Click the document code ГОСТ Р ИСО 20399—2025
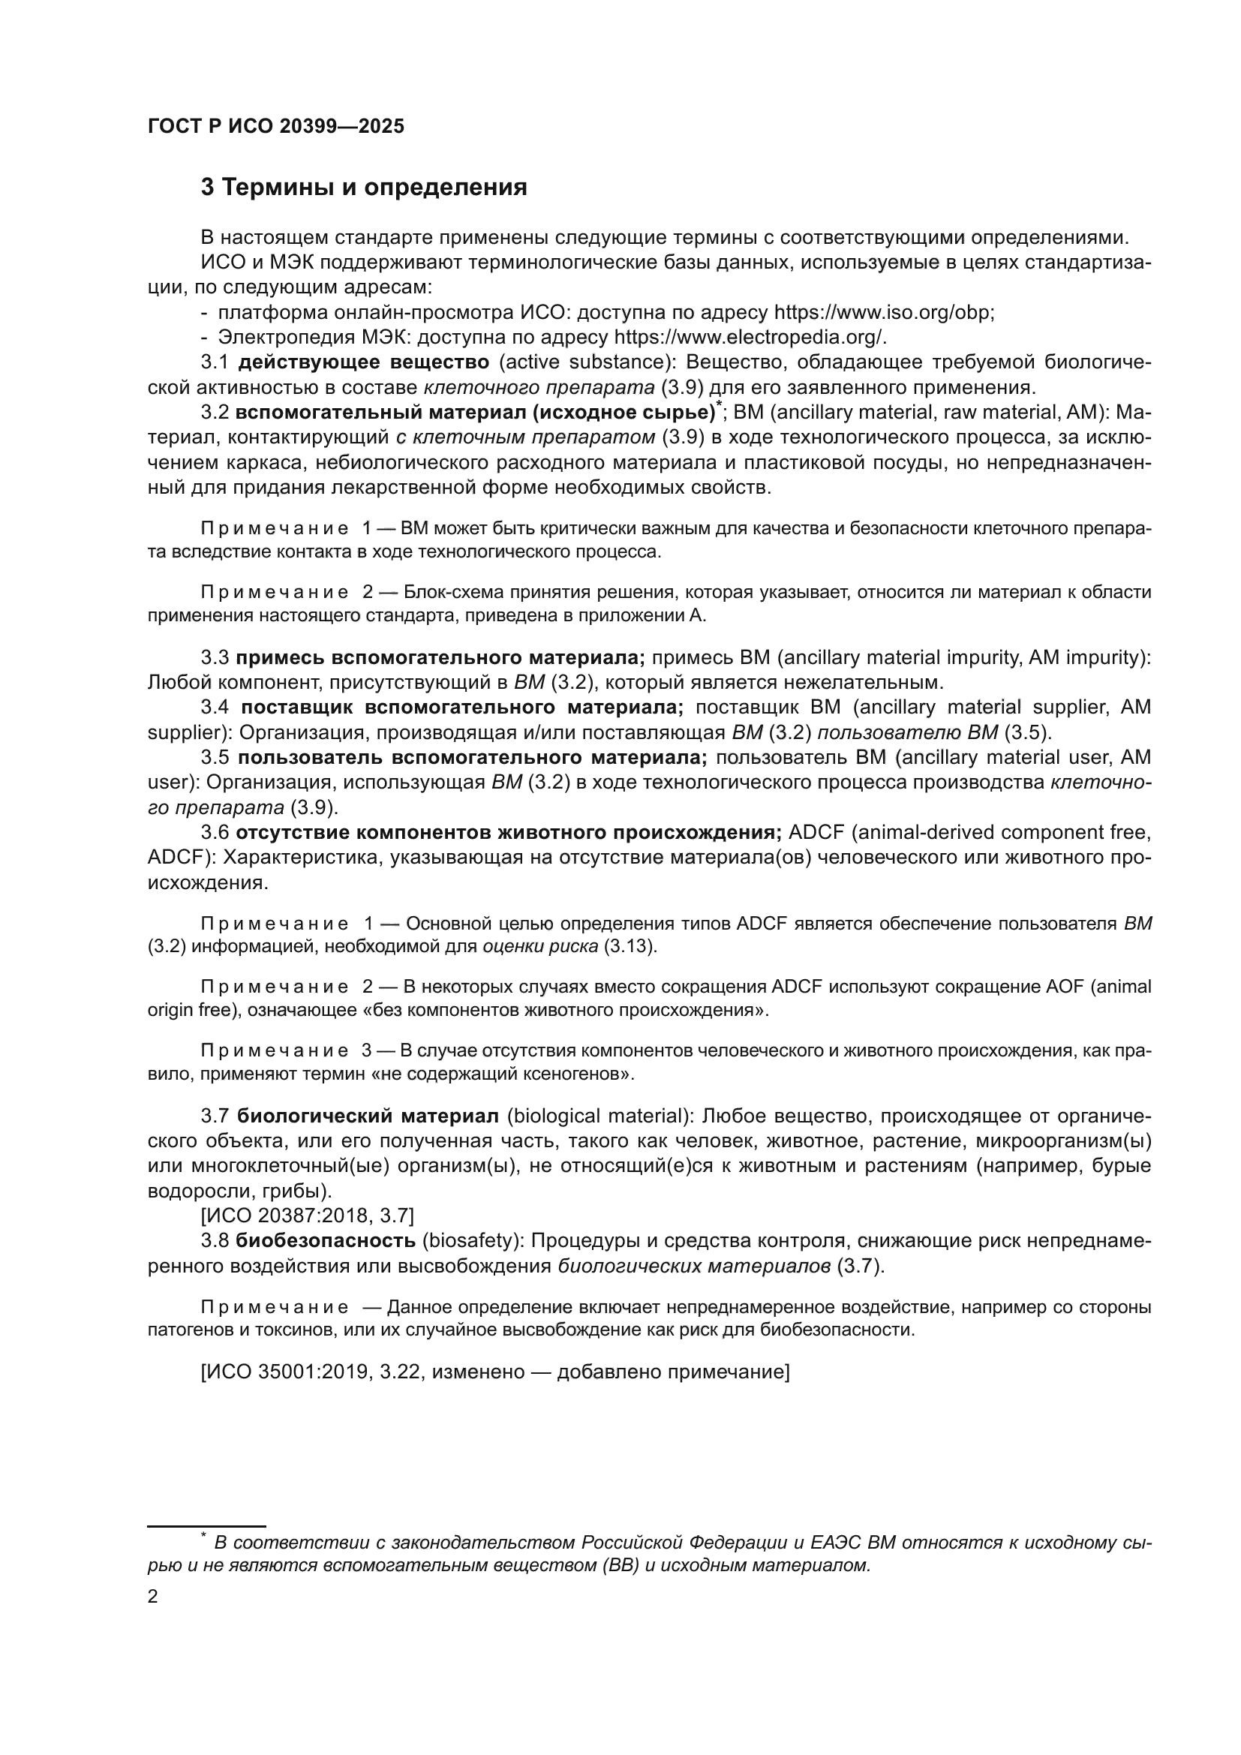276,127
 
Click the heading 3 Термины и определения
364,188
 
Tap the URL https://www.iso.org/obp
883,313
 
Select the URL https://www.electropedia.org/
750,337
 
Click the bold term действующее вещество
364,362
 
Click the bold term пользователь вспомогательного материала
472,758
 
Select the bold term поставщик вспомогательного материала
462,707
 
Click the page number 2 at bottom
153,1597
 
